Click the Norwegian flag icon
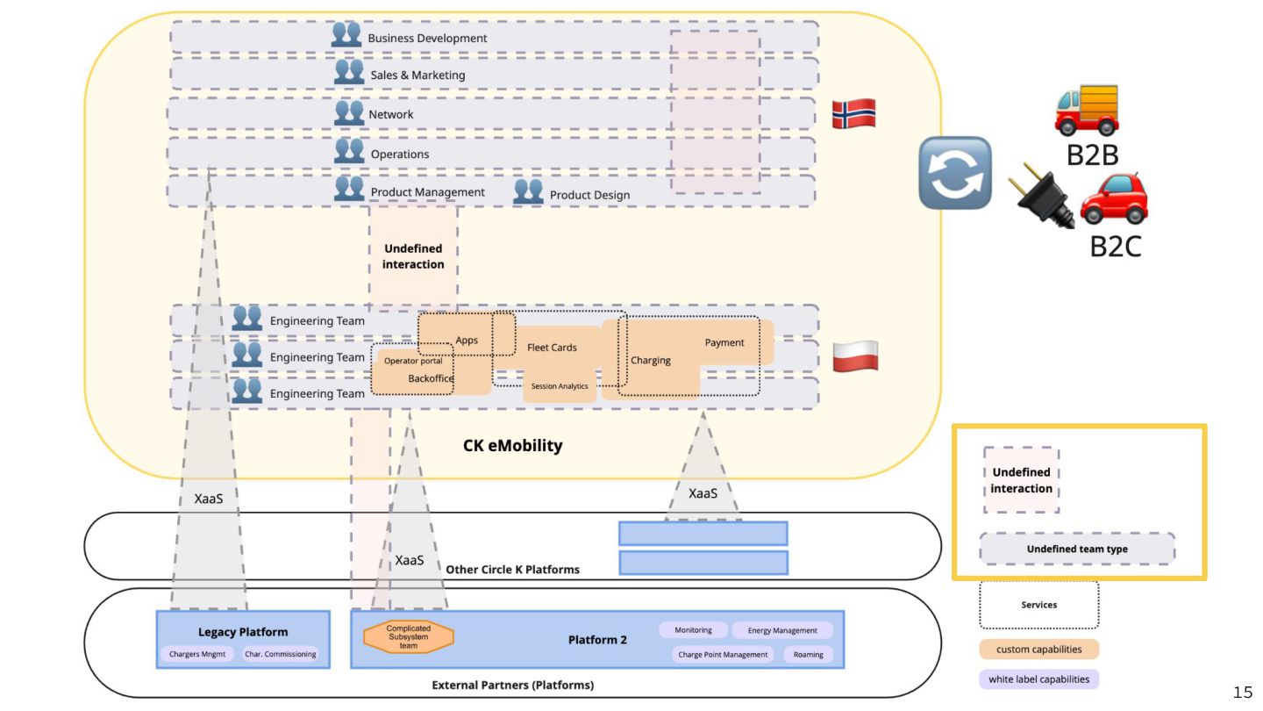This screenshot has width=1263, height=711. pyautogui.click(x=853, y=114)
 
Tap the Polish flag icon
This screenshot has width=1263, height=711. pyautogui.click(x=854, y=356)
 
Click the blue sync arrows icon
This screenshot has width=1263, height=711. pyautogui.click(x=955, y=173)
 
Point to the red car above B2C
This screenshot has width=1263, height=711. pyautogui.click(x=1114, y=200)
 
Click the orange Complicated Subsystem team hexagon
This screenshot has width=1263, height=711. pyautogui.click(x=409, y=637)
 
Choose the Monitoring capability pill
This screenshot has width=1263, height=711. pyautogui.click(x=693, y=630)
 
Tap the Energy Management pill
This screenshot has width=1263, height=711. pyautogui.click(x=782, y=630)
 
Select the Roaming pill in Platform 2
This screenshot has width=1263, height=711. pyautogui.click(x=808, y=655)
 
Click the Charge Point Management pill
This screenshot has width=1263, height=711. pyautogui.click(x=724, y=655)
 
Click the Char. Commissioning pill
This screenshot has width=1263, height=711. pyautogui.click(x=280, y=654)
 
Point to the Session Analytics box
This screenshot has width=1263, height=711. pyautogui.click(x=560, y=386)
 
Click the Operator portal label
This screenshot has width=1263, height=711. pyautogui.click(x=413, y=361)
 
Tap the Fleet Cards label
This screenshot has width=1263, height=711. pyautogui.click(x=552, y=348)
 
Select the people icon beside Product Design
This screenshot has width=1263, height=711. pyautogui.click(x=528, y=191)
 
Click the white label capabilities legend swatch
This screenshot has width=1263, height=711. pyautogui.click(x=1038, y=679)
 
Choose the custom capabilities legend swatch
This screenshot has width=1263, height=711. pyautogui.click(x=1038, y=650)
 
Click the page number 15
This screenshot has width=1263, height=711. pyautogui.click(x=1243, y=693)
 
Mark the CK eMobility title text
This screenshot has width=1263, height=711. pyautogui.click(x=512, y=446)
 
